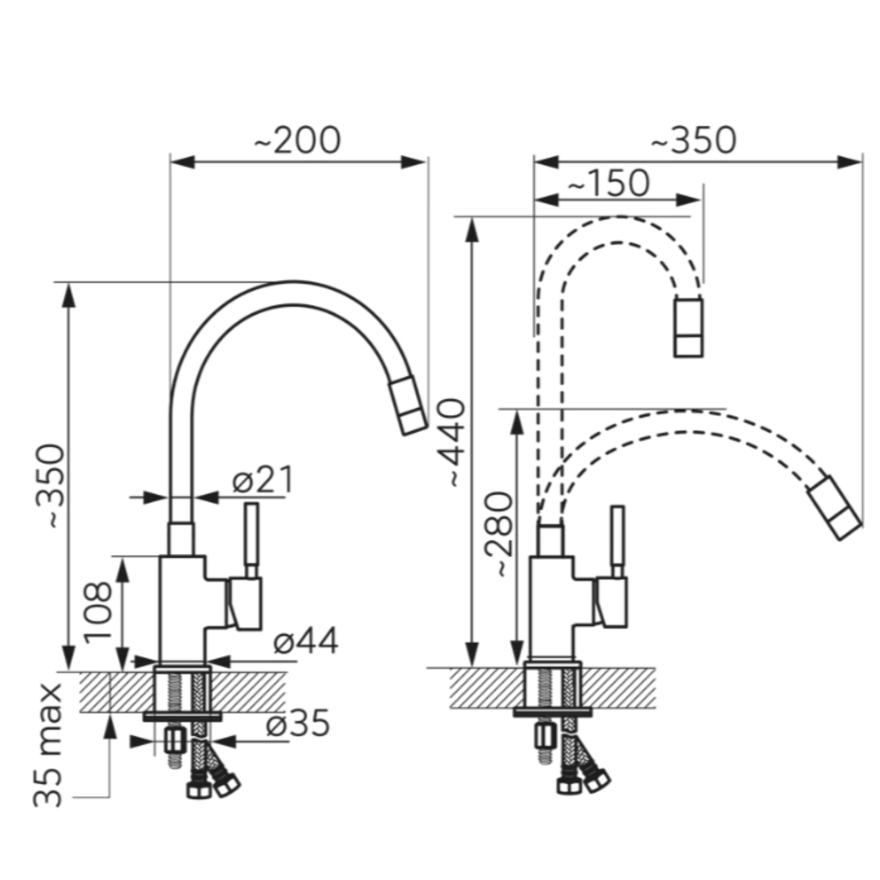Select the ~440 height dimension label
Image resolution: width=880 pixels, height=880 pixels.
[455, 443]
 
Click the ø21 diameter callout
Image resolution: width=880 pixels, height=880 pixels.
[263, 480]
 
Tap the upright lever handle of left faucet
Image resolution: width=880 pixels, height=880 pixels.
[251, 540]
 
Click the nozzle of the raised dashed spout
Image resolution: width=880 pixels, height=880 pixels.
[689, 327]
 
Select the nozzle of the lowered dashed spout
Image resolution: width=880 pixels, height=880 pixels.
[834, 508]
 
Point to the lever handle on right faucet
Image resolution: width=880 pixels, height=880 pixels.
[618, 542]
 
